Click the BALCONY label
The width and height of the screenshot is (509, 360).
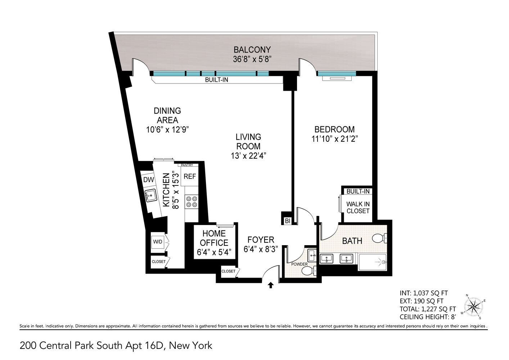click(252, 50)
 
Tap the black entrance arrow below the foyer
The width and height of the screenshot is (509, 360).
click(271, 285)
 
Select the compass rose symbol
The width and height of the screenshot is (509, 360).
click(474, 307)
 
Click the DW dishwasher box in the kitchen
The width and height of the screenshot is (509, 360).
click(148, 180)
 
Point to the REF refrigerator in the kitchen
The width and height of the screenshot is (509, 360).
click(190, 176)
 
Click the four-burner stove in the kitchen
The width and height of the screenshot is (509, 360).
click(191, 202)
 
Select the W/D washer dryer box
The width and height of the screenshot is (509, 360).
click(158, 242)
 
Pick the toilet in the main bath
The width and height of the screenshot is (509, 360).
click(379, 238)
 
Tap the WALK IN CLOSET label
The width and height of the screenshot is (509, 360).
click(358, 207)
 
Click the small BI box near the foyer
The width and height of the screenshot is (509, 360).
click(287, 221)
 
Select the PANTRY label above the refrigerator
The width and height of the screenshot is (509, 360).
click(187, 165)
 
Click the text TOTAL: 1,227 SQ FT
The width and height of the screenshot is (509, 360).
click(428, 309)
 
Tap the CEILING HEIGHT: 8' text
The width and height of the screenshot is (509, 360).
click(428, 317)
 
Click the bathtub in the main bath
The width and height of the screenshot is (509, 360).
click(373, 262)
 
